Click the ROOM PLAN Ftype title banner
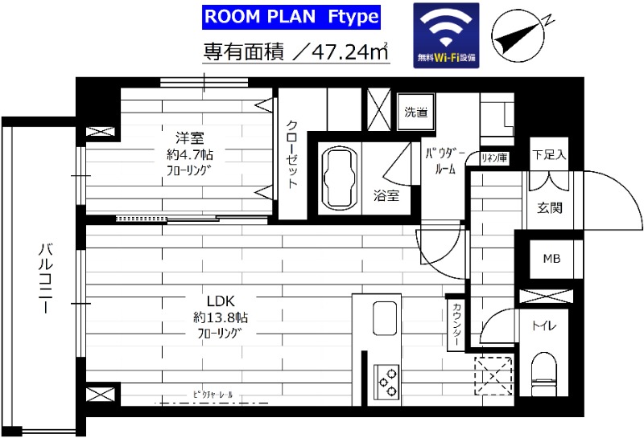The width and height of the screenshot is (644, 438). pyautogui.click(x=289, y=17)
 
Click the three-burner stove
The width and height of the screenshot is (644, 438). pyautogui.click(x=386, y=380)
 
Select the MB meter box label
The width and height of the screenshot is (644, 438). pyautogui.click(x=552, y=258)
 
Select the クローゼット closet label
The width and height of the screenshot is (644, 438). pyautogui.click(x=292, y=154)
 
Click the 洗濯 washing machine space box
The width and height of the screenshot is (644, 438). pyautogui.click(x=416, y=111)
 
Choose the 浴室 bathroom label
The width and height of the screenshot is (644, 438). pyautogui.click(x=384, y=195)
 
